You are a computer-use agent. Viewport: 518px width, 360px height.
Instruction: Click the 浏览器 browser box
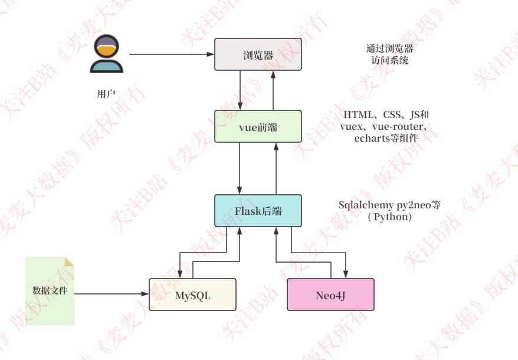pos(258,55)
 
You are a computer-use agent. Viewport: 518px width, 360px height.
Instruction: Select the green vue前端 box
pos(258,126)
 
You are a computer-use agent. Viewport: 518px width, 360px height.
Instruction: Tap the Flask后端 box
pos(258,210)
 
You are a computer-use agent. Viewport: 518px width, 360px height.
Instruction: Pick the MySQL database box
pos(192,294)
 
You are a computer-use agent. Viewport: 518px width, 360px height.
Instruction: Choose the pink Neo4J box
pos(330,294)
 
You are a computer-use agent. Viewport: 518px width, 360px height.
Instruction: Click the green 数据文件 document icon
pos(50,290)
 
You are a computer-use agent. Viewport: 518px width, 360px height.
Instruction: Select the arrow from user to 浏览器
pos(171,55)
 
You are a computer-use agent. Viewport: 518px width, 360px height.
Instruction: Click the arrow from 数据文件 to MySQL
pos(112,294)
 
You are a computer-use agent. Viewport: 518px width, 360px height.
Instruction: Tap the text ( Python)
pos(389,217)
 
